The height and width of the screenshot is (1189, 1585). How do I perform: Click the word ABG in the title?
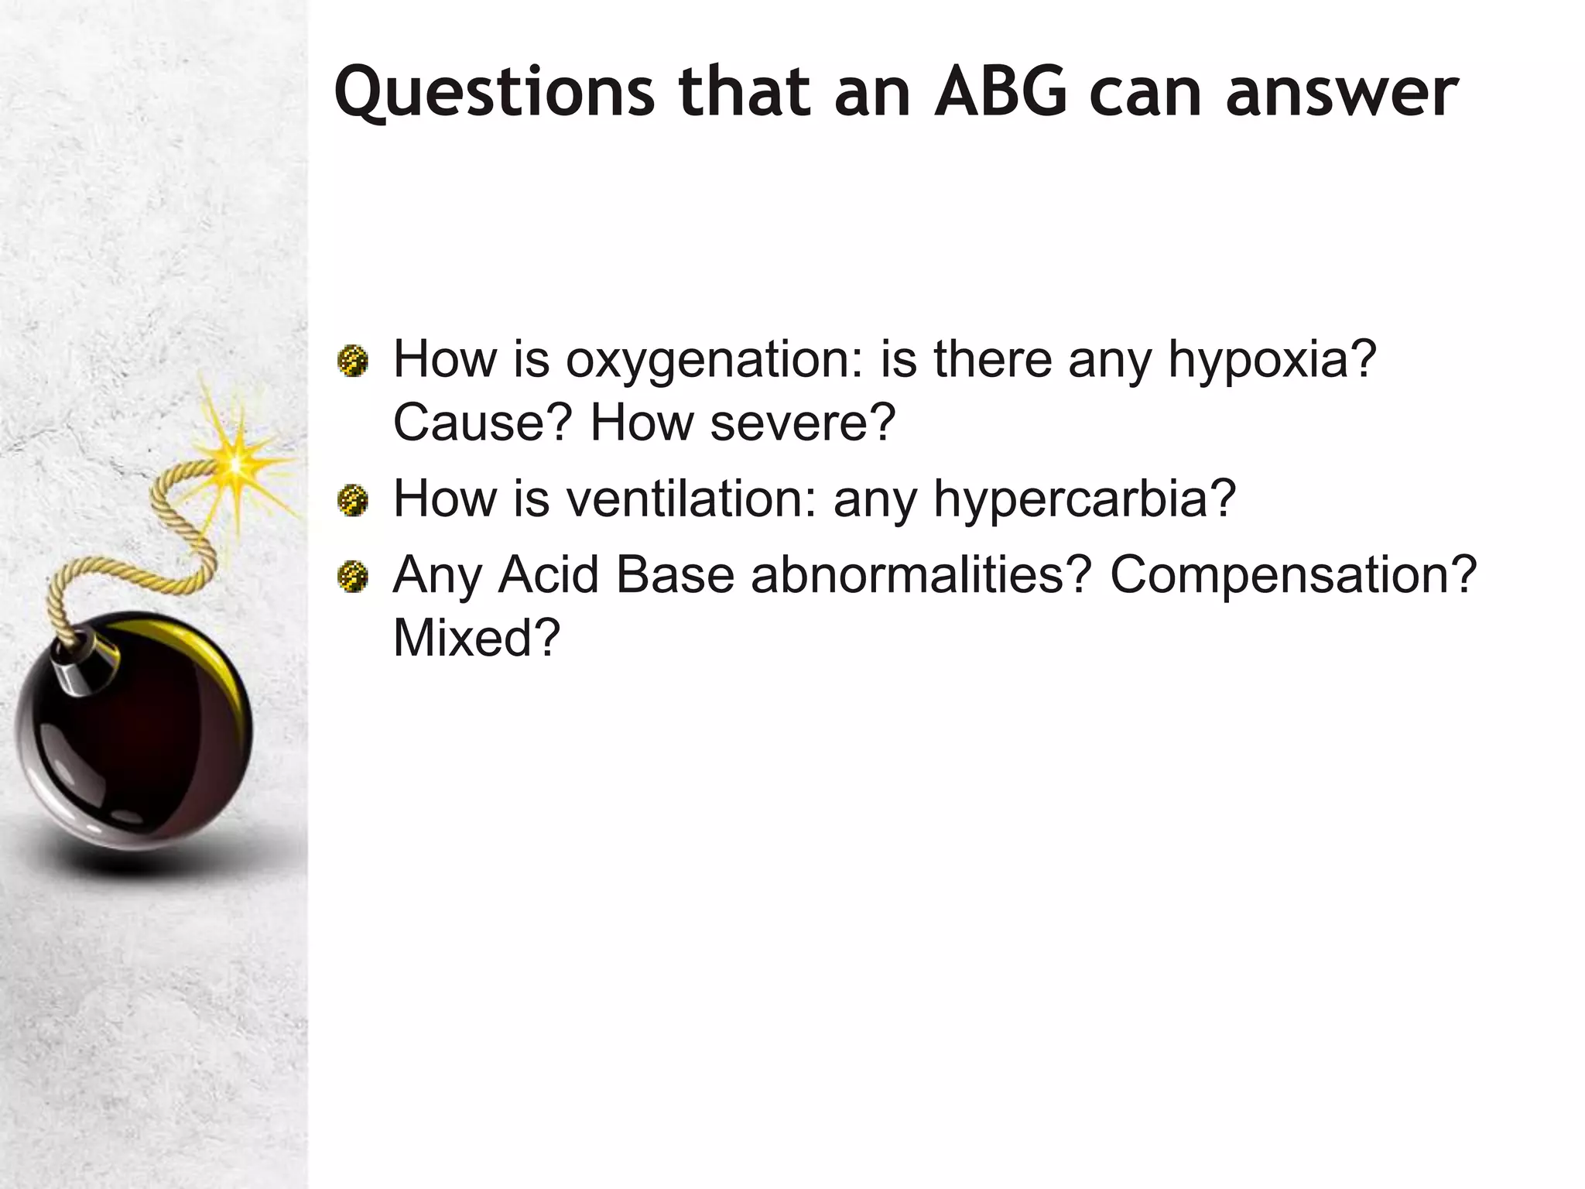[1001, 92]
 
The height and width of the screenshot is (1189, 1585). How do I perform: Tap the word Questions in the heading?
[494, 94]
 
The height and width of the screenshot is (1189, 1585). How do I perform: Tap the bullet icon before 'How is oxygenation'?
[353, 361]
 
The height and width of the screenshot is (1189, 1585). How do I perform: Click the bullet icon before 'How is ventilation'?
[353, 500]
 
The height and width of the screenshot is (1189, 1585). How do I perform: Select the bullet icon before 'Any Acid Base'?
[353, 577]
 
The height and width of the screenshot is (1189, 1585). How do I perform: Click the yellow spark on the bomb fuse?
[235, 463]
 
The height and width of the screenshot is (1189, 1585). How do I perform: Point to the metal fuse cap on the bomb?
[84, 663]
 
